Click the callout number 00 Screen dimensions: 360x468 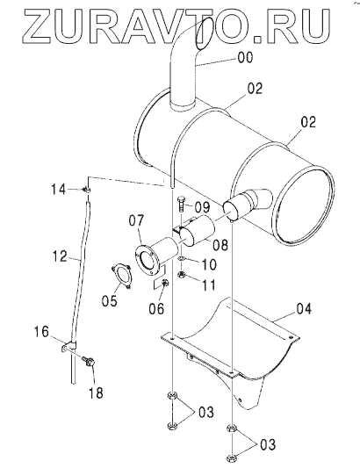click(x=245, y=57)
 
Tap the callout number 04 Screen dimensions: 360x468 click(x=304, y=308)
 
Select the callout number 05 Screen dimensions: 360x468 click(x=109, y=300)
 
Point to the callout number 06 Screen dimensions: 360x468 click(x=156, y=308)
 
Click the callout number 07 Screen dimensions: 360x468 click(x=136, y=220)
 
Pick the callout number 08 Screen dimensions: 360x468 click(x=220, y=245)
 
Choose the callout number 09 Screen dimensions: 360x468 click(x=202, y=206)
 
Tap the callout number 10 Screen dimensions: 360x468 click(x=209, y=263)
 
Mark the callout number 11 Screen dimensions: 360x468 click(x=209, y=285)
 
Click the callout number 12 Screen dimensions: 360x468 click(x=60, y=256)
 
